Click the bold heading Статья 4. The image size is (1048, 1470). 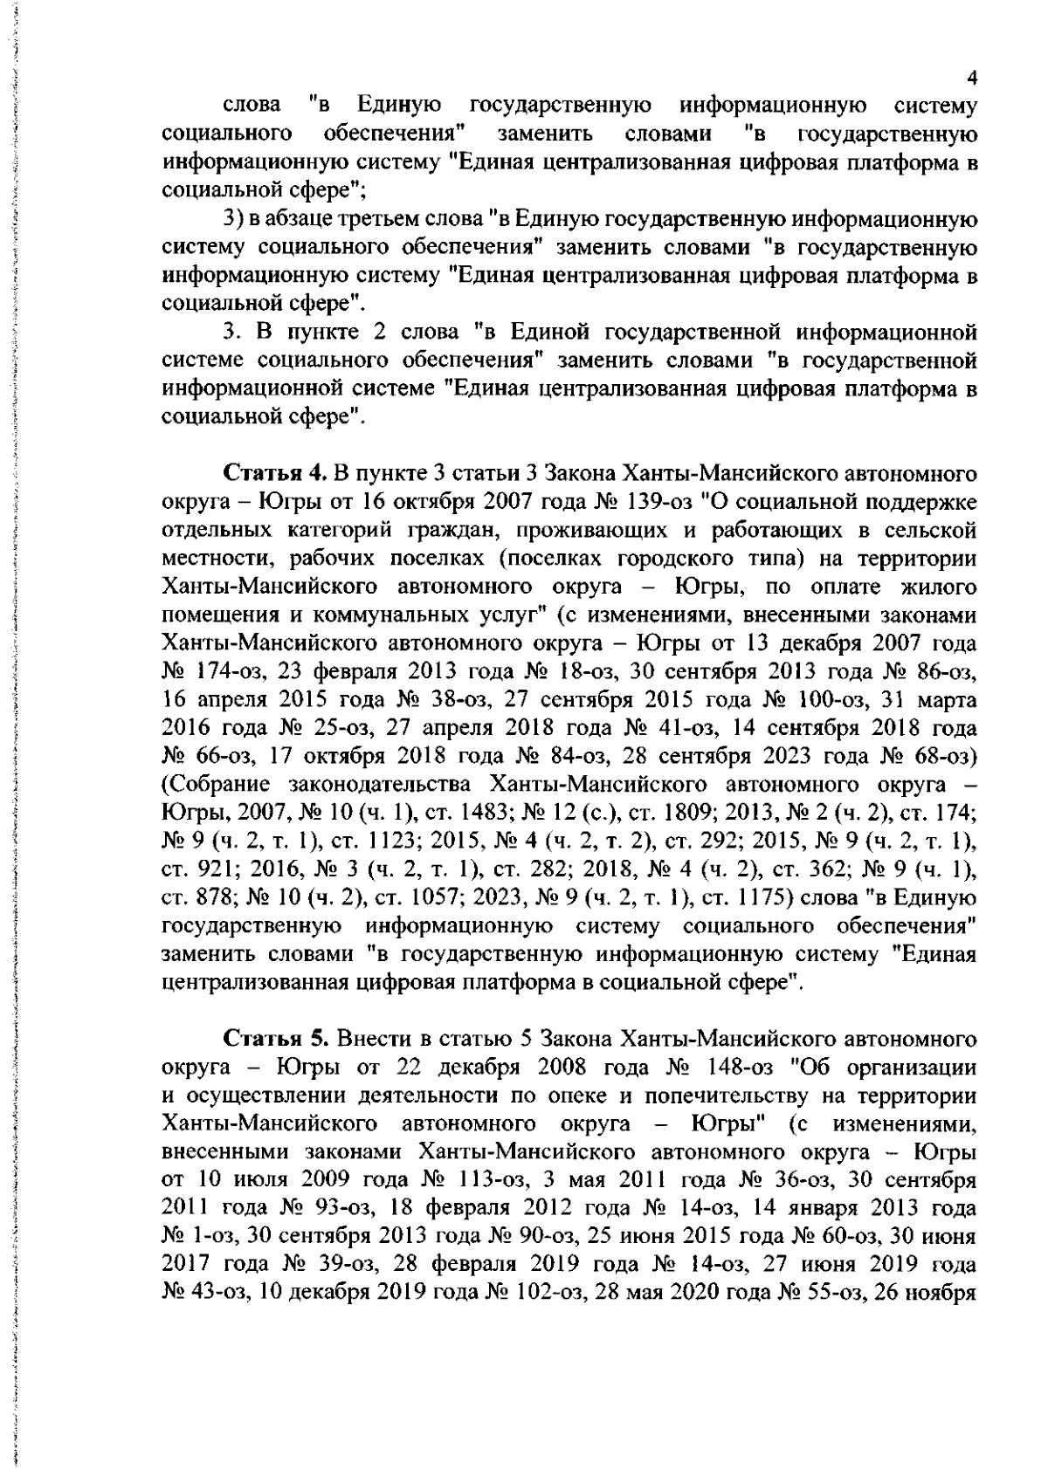(276, 474)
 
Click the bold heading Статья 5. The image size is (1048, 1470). (276, 1039)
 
